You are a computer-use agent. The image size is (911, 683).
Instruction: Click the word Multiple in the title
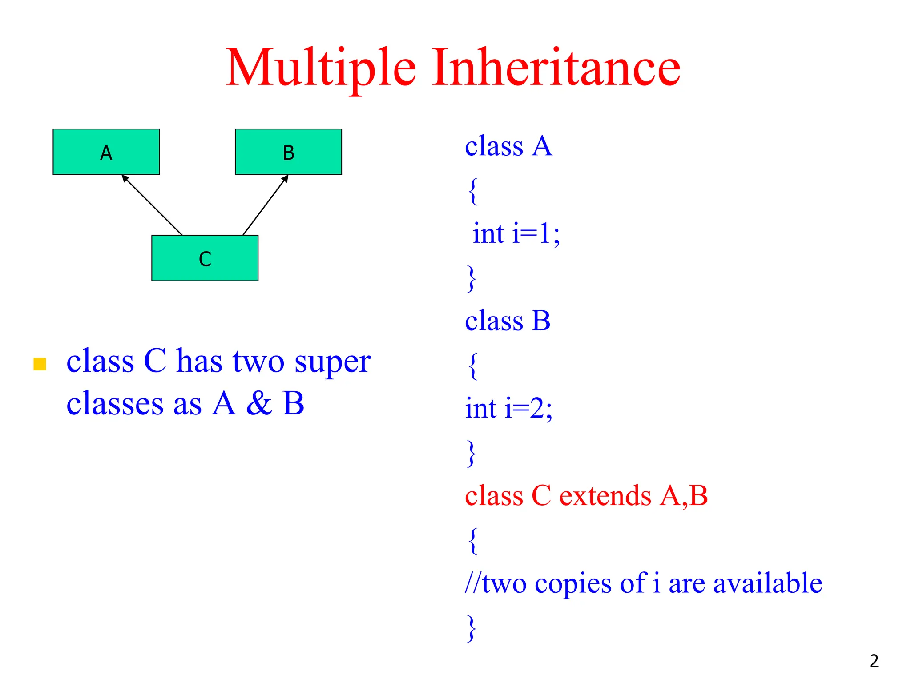[x=321, y=68]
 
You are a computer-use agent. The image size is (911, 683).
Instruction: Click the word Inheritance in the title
[x=556, y=68]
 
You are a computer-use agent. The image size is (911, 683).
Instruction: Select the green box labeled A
[x=106, y=152]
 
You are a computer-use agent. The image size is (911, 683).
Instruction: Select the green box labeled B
[x=288, y=152]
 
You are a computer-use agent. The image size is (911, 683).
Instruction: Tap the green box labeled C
[x=205, y=258]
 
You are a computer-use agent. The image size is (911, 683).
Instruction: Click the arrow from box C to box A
[x=152, y=205]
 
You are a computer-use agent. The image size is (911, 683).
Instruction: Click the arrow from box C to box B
[x=266, y=205]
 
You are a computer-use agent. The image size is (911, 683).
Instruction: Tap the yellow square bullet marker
[x=40, y=364]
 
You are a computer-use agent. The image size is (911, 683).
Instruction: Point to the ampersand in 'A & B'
[x=259, y=403]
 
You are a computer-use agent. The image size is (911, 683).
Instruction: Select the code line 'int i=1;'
[x=516, y=233]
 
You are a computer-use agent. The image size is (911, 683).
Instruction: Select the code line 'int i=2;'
[x=508, y=408]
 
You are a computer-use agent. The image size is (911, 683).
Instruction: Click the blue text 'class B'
[x=508, y=321]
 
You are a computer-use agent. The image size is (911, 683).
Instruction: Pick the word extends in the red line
[x=605, y=495]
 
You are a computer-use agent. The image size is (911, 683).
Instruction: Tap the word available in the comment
[x=768, y=583]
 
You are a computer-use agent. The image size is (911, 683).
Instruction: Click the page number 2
[x=874, y=661]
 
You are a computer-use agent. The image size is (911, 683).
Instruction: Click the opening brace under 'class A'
[x=473, y=191]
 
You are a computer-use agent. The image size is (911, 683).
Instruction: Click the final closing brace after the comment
[x=472, y=628]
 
